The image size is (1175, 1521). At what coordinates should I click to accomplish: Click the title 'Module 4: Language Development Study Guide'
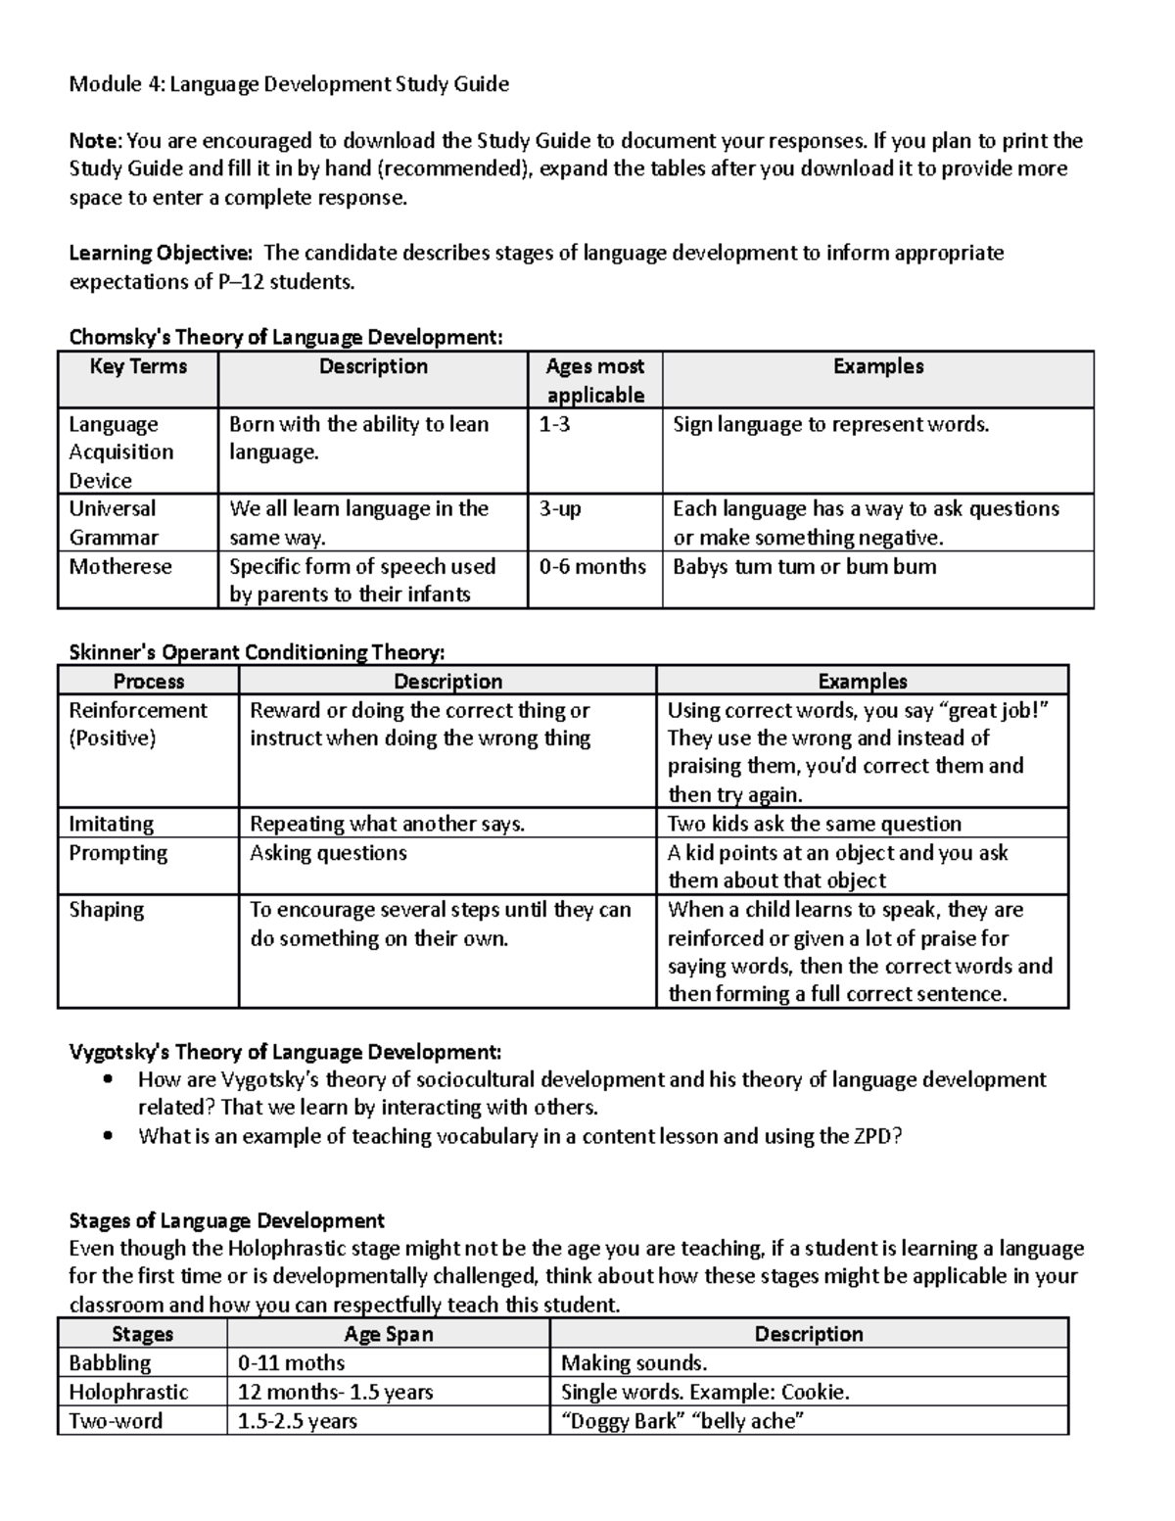[289, 84]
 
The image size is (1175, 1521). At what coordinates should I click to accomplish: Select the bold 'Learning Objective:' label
[161, 254]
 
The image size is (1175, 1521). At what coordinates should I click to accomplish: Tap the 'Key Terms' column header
[138, 366]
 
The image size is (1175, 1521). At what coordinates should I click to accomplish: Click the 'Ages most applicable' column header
[595, 380]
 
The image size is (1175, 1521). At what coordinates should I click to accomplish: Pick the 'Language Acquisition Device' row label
[120, 452]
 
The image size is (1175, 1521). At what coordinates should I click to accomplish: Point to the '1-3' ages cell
[555, 424]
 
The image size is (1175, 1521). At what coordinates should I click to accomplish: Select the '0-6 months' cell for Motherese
[592, 566]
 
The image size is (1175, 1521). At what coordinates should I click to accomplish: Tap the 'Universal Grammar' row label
[114, 523]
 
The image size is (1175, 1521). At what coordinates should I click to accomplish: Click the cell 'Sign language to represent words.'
[831, 424]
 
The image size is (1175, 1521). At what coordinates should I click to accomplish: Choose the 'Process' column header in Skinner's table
[149, 682]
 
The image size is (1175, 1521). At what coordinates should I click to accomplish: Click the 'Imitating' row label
[112, 824]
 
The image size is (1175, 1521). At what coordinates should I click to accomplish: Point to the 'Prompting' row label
[117, 853]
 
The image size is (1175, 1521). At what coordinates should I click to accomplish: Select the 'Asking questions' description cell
[328, 853]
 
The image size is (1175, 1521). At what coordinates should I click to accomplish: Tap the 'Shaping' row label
[106, 910]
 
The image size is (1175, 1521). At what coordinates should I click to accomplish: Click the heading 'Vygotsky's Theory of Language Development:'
[285, 1052]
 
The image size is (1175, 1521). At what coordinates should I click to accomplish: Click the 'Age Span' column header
[389, 1334]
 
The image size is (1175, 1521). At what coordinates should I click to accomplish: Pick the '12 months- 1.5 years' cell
[335, 1392]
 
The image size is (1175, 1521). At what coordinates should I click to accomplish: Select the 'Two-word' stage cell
[116, 1421]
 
